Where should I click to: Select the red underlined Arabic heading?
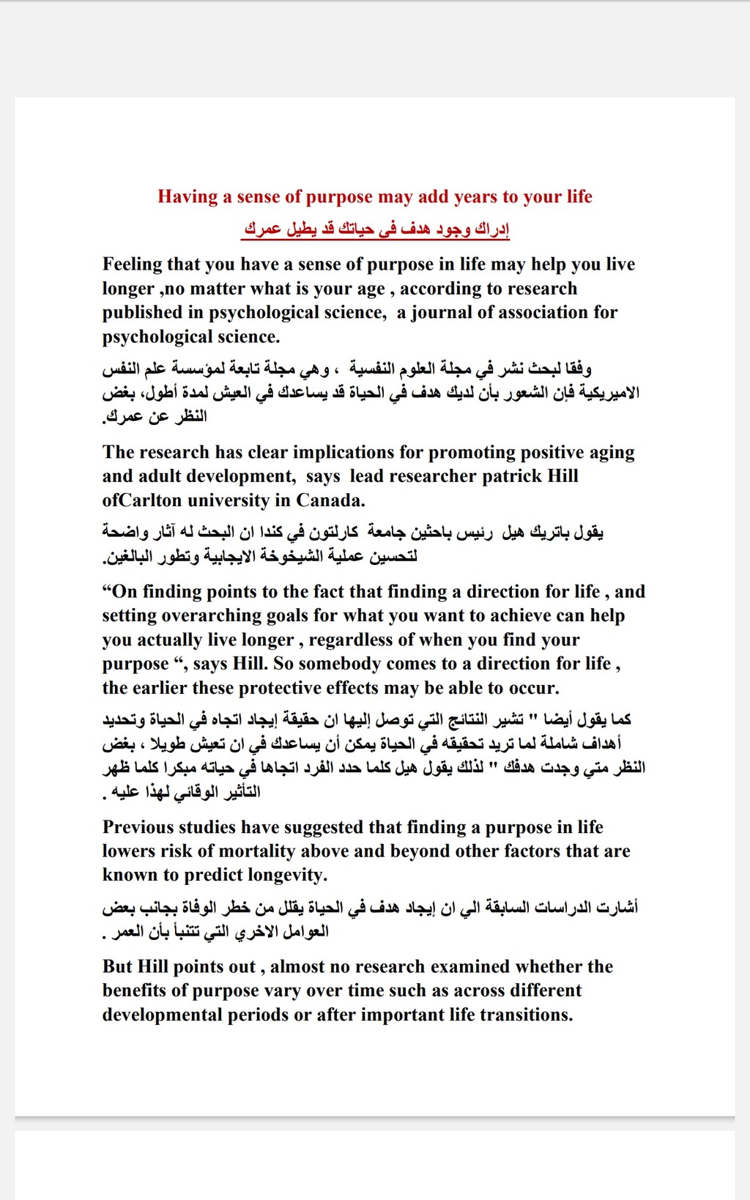point(376,229)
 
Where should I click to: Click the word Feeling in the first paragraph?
point(132,264)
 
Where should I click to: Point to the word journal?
point(441,313)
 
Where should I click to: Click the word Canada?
point(330,500)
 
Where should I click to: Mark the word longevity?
point(287,875)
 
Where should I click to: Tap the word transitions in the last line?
point(528,1015)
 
